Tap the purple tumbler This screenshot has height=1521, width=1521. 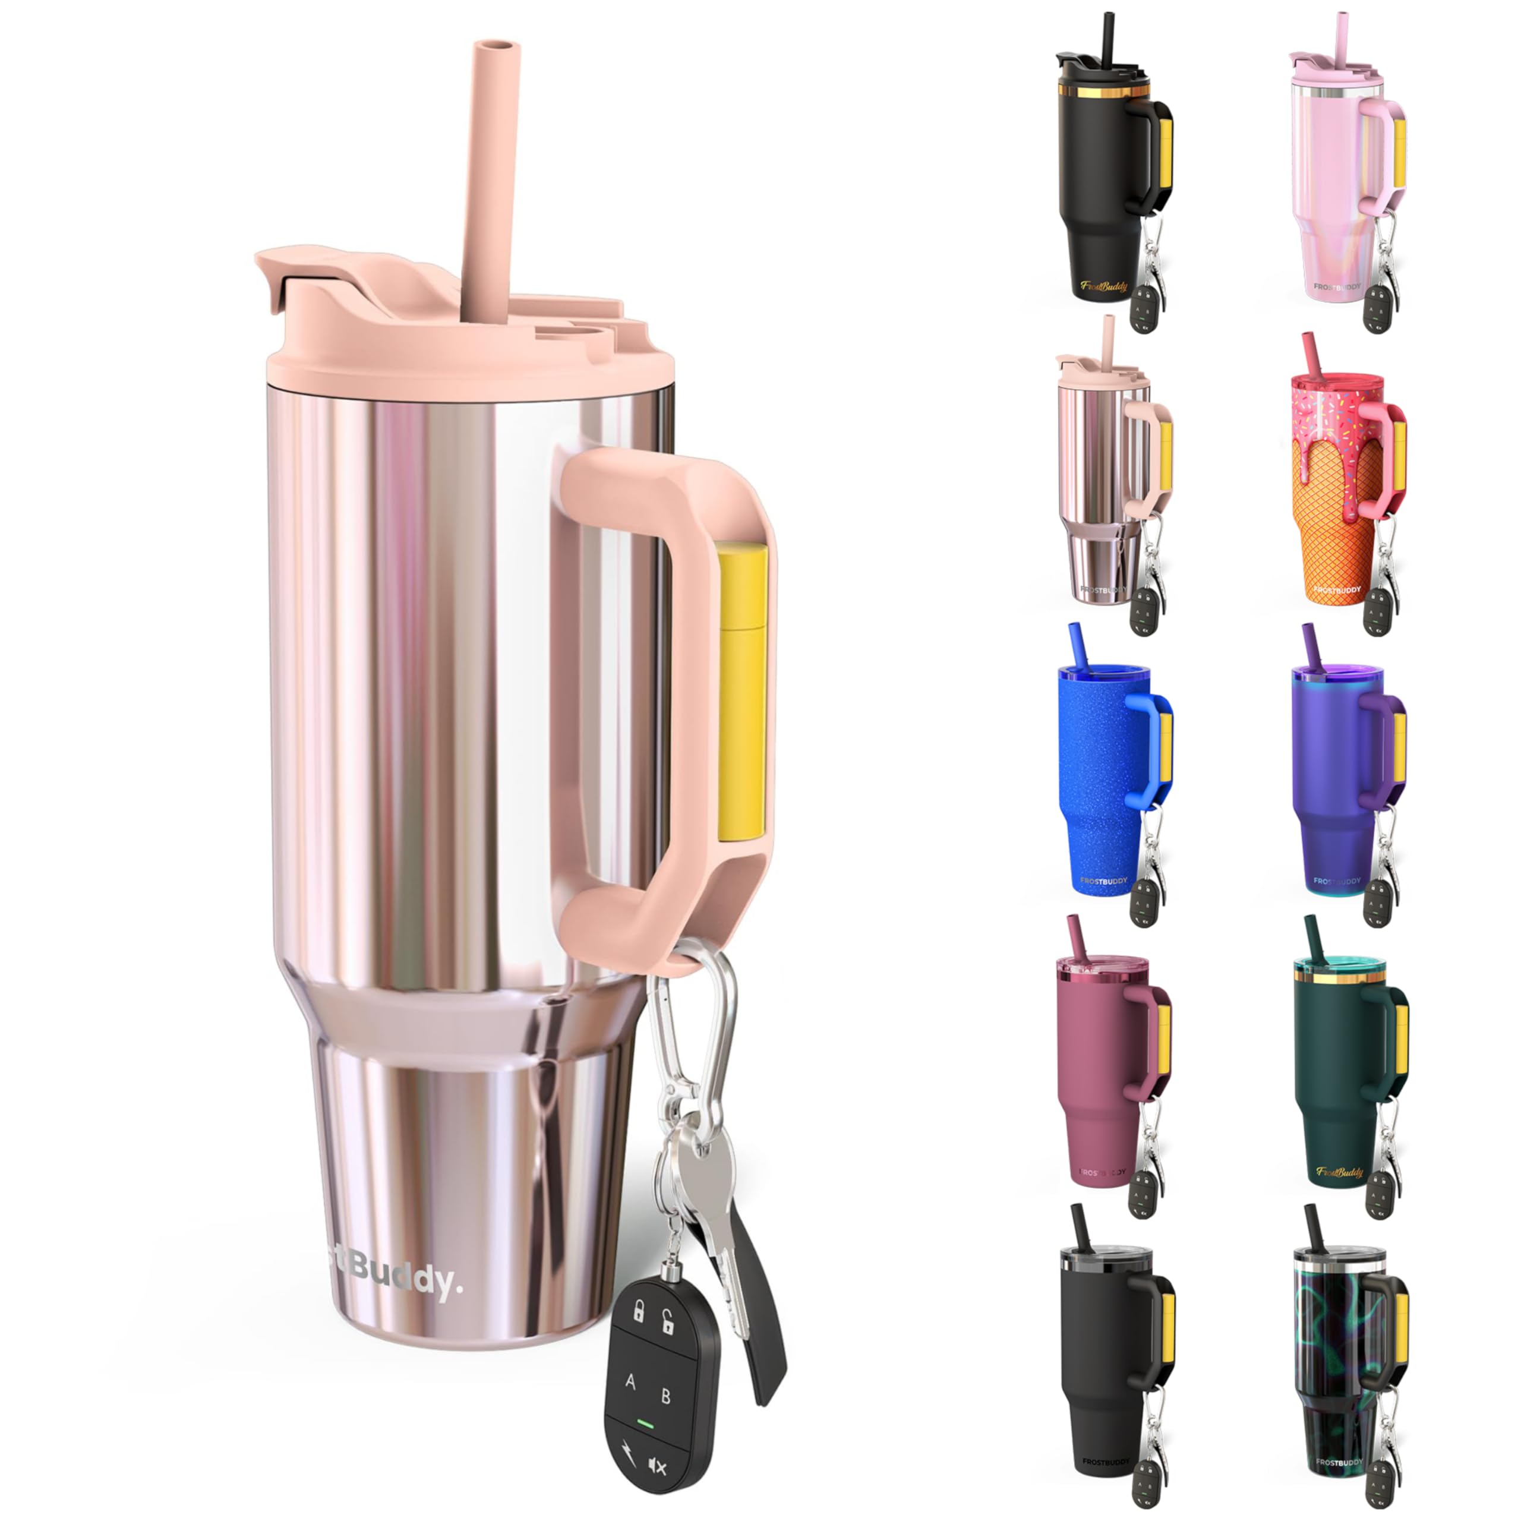click(1339, 780)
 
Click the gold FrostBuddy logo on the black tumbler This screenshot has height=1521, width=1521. click(1104, 285)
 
